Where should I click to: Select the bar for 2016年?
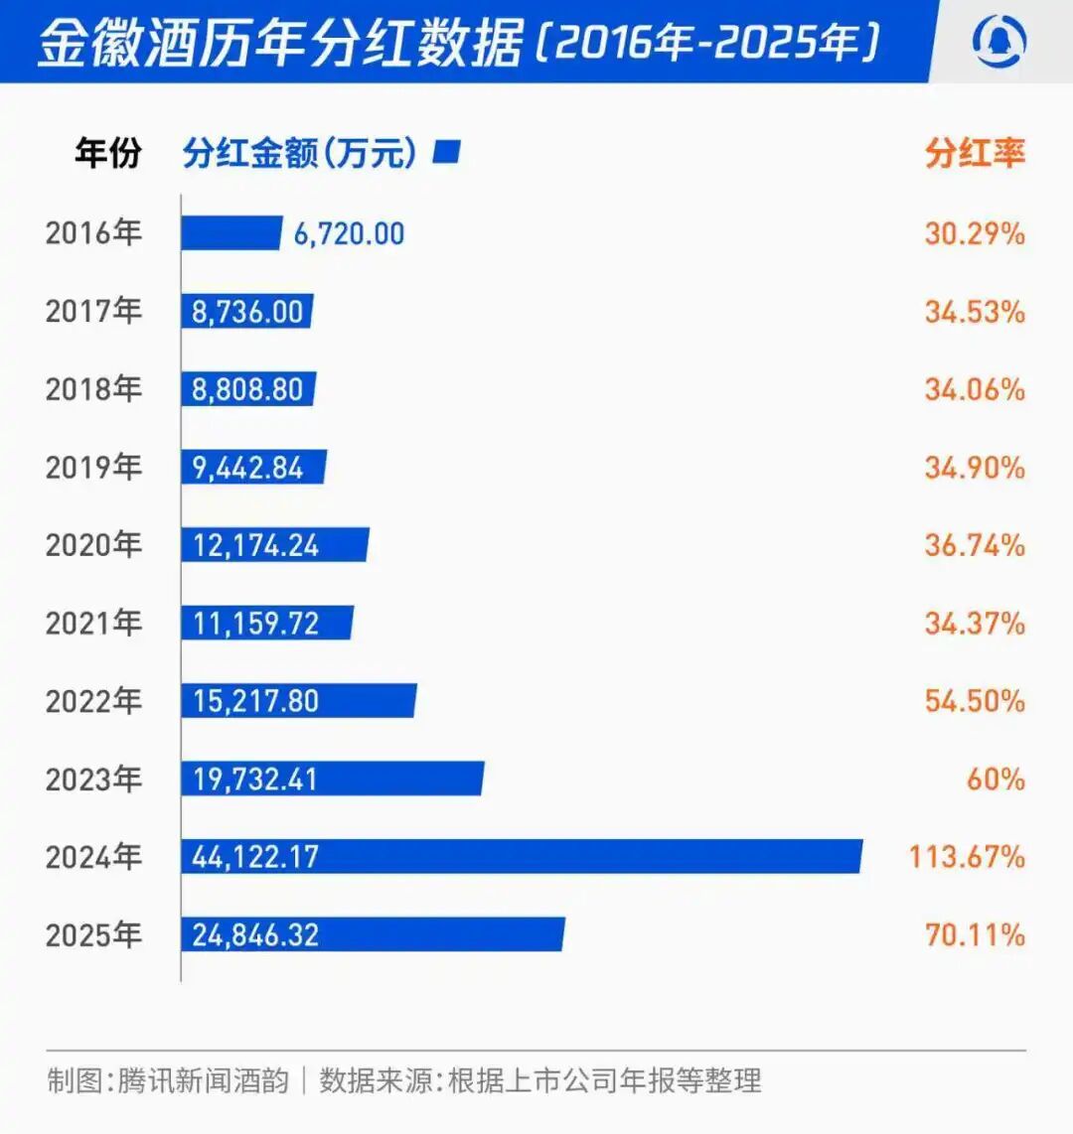(230, 233)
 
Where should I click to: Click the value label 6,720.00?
(349, 234)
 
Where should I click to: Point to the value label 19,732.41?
(255, 780)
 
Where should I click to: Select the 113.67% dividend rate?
(967, 856)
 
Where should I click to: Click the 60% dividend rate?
(996, 779)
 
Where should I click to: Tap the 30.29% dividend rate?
(975, 233)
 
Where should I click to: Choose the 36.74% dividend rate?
(975, 545)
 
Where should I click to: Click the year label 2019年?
(93, 467)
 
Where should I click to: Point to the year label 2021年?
(93, 623)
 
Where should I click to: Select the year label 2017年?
(93, 311)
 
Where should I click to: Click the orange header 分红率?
(975, 153)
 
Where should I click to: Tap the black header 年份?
(107, 153)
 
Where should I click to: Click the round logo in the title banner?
(999, 42)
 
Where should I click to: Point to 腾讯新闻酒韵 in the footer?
(203, 1079)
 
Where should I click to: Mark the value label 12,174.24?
(255, 545)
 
